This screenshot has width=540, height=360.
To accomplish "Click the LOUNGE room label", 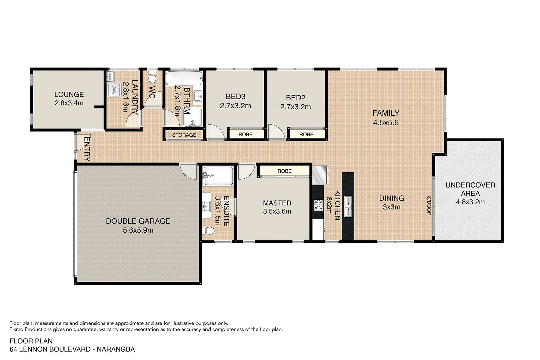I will (x=69, y=95).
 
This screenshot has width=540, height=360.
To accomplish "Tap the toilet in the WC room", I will (x=152, y=77).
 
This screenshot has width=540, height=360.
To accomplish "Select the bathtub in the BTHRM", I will (x=184, y=79).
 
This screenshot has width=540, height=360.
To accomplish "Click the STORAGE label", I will (x=184, y=135).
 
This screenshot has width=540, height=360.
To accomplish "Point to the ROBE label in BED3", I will (x=245, y=134).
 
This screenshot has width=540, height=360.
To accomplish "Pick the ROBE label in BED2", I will (x=306, y=134).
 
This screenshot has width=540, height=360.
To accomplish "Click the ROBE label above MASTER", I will (x=284, y=171).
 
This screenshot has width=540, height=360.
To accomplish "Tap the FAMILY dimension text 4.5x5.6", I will (x=386, y=123).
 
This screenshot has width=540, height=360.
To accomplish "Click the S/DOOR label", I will (x=429, y=206).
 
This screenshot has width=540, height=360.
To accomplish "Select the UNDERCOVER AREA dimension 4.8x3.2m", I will (x=470, y=202).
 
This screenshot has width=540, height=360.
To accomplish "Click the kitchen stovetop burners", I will (x=318, y=205).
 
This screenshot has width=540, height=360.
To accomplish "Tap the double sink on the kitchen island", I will (x=348, y=206).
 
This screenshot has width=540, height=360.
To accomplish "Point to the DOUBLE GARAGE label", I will (x=138, y=221).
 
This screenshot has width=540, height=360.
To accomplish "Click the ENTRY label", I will (x=87, y=149).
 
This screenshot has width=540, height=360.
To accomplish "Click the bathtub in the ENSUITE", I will (x=218, y=176).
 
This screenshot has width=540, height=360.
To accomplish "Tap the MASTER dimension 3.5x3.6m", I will (x=277, y=211).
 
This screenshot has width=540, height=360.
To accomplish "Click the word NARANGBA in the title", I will (x=117, y=349).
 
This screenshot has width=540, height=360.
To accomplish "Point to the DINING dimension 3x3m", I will (x=391, y=207).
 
